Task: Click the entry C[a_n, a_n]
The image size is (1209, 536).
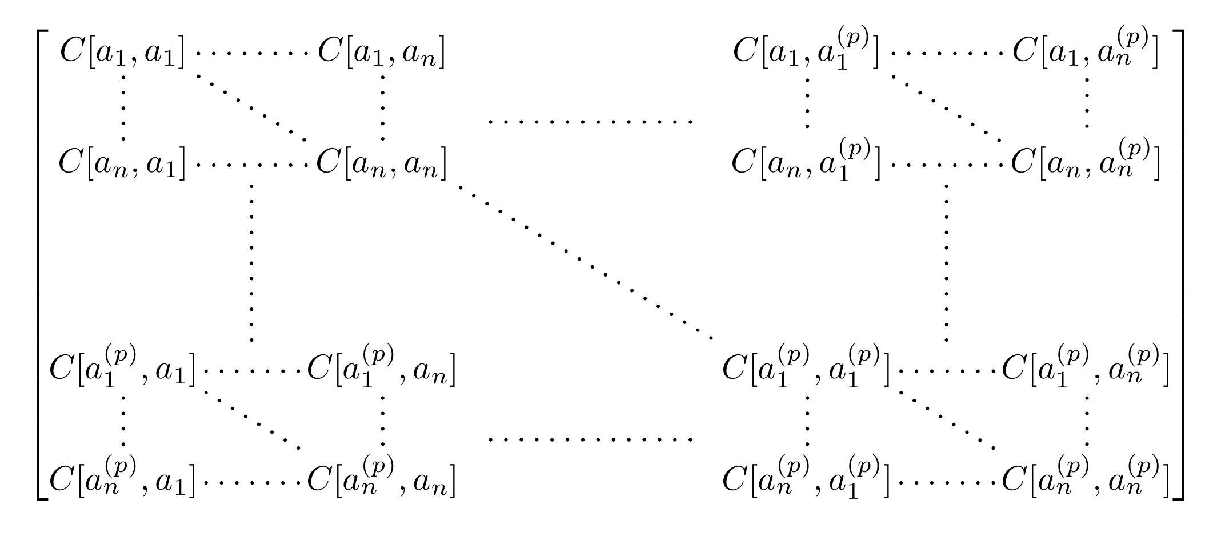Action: coord(381,164)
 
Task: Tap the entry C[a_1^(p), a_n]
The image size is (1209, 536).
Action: coord(381,369)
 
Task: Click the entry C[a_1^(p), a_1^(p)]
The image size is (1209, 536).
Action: coord(806,369)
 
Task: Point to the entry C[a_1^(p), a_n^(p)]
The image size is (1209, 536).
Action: coord(1086,369)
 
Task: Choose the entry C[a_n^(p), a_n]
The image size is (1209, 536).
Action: coord(381,479)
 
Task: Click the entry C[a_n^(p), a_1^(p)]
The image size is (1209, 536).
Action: coord(806,479)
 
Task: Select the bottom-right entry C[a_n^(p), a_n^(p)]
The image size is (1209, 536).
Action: coord(1086,479)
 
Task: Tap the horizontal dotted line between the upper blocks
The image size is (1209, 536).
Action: coord(590,122)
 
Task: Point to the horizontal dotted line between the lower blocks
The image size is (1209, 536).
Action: coord(590,439)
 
